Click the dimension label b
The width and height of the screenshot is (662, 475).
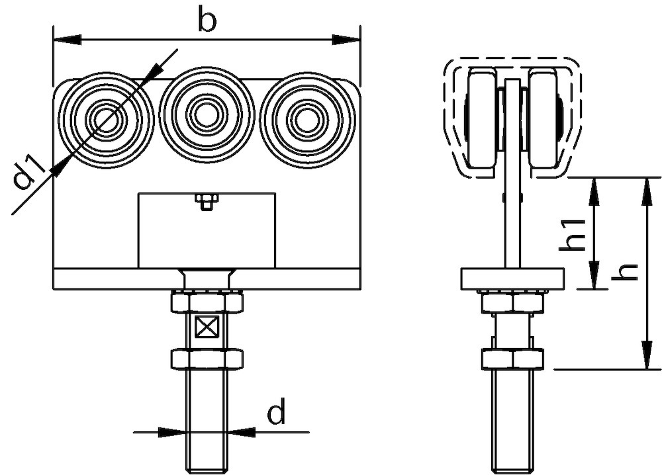tap(207, 22)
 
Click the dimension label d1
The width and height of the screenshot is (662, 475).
tap(30, 171)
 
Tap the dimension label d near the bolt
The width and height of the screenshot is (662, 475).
tap(276, 413)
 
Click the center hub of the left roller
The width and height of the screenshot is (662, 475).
tap(105, 119)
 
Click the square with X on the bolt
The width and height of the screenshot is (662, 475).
tap(207, 325)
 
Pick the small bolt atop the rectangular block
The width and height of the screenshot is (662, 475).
tap(207, 201)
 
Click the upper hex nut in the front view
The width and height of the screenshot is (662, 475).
tap(207, 302)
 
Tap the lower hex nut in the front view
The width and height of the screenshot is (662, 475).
tap(207, 359)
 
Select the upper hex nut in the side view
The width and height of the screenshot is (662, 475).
tap(512, 303)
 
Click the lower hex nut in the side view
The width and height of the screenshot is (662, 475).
tap(512, 359)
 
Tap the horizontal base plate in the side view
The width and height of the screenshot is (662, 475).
tap(512, 279)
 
